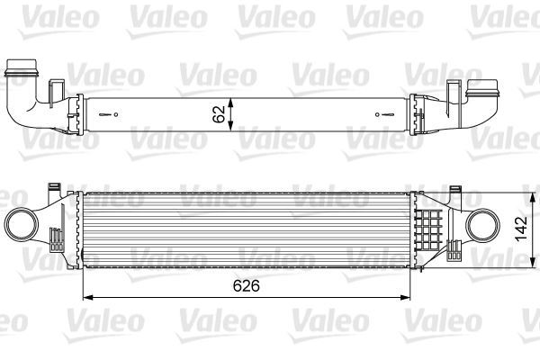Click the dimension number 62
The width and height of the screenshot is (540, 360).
pos(217,113)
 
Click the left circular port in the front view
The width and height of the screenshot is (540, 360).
pos(21,221)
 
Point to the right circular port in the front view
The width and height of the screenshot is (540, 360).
pos(483,221)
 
